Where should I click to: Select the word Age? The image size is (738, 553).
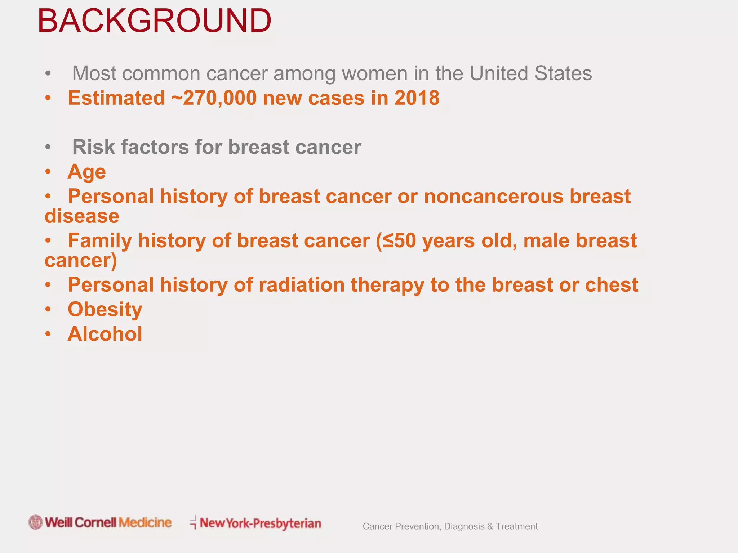point(86,172)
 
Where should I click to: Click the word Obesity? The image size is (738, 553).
point(105,309)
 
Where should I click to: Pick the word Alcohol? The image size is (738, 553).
point(105,334)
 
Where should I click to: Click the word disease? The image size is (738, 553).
point(82,216)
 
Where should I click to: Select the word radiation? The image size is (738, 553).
point(302,285)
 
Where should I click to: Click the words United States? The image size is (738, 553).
point(530,73)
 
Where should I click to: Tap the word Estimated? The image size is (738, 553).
point(116,98)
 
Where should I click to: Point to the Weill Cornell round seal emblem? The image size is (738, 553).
point(36,522)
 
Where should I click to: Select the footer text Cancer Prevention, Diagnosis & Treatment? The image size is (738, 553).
point(450,526)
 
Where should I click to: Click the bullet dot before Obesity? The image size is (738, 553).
point(48,309)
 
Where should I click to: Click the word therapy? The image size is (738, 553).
point(387,285)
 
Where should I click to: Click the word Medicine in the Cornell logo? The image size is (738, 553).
point(145,522)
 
